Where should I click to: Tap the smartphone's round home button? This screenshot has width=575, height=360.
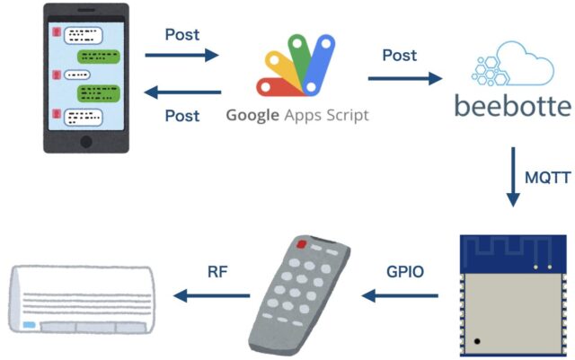(x=86, y=143)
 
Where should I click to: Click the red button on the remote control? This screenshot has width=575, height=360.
(x=302, y=243)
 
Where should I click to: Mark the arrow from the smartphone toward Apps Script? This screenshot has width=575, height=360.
(x=182, y=56)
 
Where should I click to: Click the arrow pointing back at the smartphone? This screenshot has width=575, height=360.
(x=182, y=92)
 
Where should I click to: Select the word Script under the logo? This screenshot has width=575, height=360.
(x=345, y=116)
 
